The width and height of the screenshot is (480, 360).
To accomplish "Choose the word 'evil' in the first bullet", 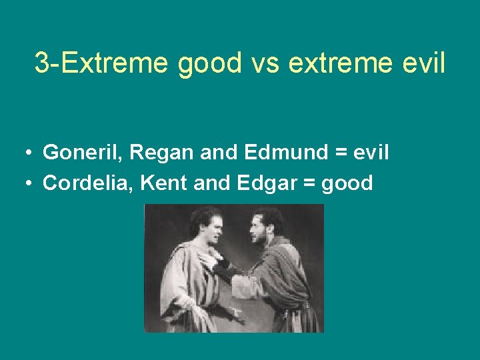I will (371, 153).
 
